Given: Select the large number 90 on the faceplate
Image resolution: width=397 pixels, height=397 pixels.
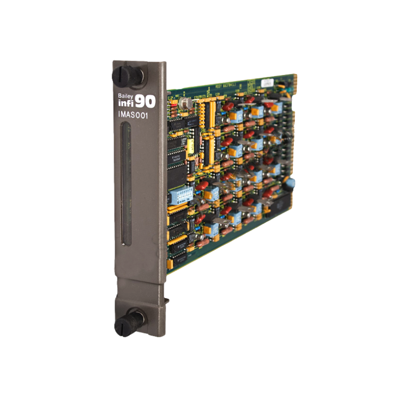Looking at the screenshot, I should [x=146, y=101].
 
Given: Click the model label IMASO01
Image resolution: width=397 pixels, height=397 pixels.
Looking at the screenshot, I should [x=135, y=116].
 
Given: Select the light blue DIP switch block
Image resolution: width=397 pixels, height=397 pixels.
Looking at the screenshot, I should [x=181, y=197].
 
